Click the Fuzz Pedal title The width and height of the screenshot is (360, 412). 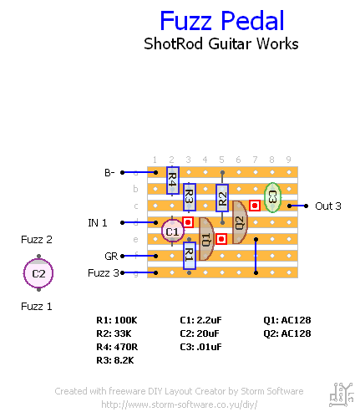tap(222, 21)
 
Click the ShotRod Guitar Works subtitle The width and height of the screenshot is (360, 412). tap(221, 43)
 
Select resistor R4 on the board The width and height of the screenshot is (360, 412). tap(173, 181)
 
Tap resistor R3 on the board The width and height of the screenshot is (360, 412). tap(190, 197)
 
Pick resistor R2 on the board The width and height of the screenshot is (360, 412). tap(222, 198)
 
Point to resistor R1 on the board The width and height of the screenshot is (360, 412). tap(190, 256)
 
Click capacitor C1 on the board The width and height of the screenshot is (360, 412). tap(173, 231)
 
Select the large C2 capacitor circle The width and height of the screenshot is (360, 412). tap(38, 273)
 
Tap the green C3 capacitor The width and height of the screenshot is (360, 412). tap(272, 197)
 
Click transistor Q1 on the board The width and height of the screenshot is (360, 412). tap(206, 239)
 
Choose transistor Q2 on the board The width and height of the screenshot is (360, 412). tap(240, 222)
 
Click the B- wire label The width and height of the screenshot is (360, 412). tap(109, 173)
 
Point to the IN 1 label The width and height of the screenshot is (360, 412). tap(98, 223)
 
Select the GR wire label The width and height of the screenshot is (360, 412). tap(111, 257)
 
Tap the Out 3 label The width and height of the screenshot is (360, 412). tap(328, 206)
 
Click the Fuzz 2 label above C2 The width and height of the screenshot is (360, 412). tap(37, 240)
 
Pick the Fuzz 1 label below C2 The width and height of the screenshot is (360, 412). tap(37, 307)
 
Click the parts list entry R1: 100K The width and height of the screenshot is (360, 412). tap(117, 320)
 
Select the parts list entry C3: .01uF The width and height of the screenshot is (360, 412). tap(200, 347)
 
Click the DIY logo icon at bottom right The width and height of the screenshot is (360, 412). tap(342, 394)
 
